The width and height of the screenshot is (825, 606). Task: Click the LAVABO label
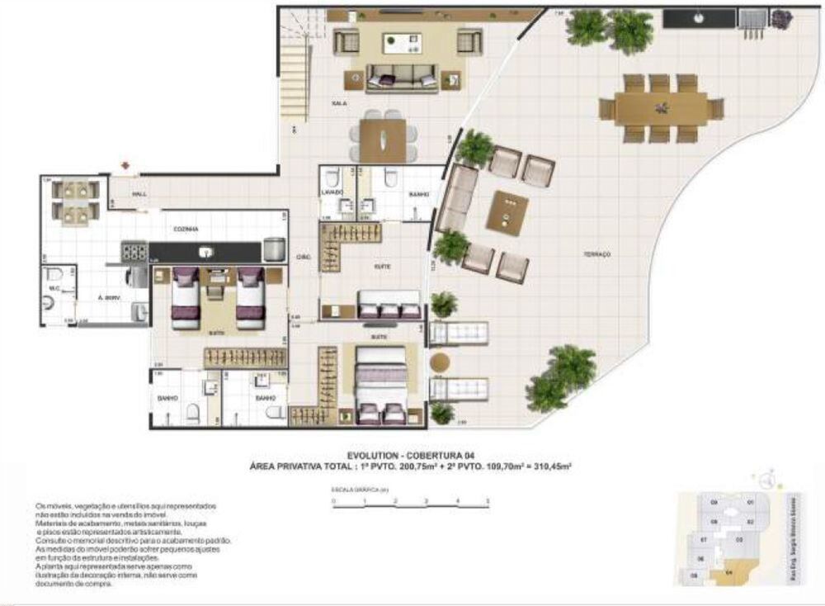(x=332, y=192)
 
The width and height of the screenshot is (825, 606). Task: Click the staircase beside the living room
(x=296, y=49)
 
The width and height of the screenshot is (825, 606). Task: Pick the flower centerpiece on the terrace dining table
(x=660, y=107)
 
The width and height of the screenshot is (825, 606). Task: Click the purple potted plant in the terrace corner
(x=780, y=16)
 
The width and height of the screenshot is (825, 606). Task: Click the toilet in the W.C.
(x=52, y=276)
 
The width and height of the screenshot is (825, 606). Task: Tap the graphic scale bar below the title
(x=410, y=501)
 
